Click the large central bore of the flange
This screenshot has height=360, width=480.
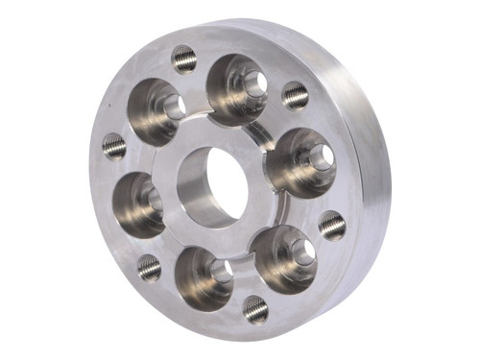[214, 184]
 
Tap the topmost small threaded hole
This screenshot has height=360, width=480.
[184, 59]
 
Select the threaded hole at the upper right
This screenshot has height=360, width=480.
[295, 94]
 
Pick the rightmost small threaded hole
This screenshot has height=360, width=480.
[332, 225]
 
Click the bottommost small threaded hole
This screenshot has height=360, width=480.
[255, 307]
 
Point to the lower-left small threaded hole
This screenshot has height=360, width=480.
[149, 267]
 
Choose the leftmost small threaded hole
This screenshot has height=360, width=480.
[114, 146]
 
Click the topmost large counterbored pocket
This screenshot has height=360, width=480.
[236, 88]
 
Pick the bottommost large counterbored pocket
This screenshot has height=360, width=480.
[204, 277]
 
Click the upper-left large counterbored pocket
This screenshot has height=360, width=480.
[157, 110]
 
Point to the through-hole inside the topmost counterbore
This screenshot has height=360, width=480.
[254, 84]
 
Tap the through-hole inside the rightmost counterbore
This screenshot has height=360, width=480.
[321, 156]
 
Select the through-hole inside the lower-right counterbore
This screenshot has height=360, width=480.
[303, 252]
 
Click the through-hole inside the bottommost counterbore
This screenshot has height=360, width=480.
[221, 272]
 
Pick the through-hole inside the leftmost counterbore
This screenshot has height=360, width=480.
[155, 200]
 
